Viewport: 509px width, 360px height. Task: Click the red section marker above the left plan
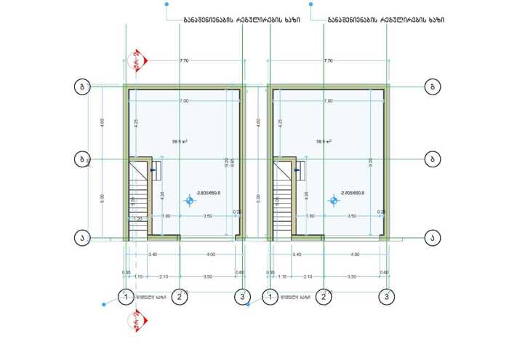pyautogui.click(x=139, y=60)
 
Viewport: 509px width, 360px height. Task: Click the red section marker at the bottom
pyautogui.click(x=137, y=321)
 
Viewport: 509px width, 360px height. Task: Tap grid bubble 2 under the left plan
pyautogui.click(x=180, y=297)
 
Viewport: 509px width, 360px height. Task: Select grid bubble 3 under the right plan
pyautogui.click(x=387, y=297)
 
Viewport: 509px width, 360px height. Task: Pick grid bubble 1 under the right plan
pyautogui.click(x=270, y=297)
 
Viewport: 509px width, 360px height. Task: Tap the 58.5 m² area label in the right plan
pyautogui.click(x=324, y=141)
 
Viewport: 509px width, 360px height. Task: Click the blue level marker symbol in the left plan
pyautogui.click(x=190, y=201)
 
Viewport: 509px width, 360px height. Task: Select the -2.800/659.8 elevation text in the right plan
pyautogui.click(x=352, y=193)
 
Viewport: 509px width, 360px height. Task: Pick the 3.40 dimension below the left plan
pyautogui.click(x=153, y=255)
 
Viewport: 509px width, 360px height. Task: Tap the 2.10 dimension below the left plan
pyautogui.click(x=163, y=276)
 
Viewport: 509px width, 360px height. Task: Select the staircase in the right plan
pyautogui.click(x=282, y=196)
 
